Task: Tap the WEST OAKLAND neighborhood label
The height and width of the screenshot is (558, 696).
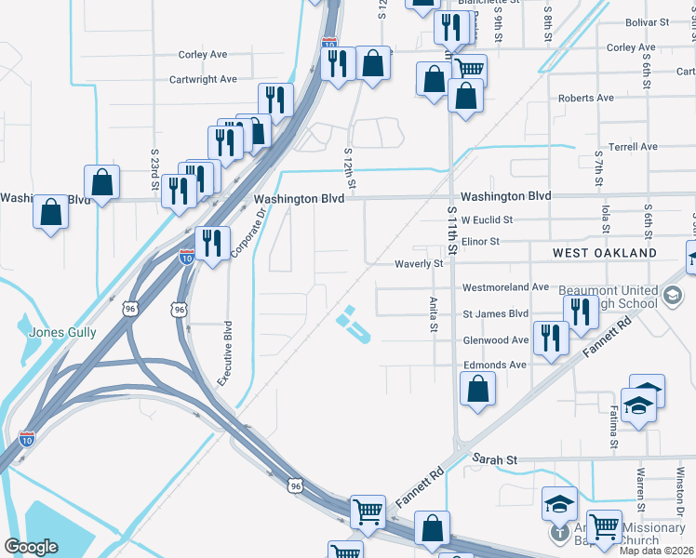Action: [x=605, y=253]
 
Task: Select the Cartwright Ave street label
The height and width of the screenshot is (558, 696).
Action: [x=203, y=79]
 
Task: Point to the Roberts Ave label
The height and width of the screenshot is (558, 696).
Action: [x=585, y=98]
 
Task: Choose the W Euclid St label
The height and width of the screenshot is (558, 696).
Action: [x=487, y=220]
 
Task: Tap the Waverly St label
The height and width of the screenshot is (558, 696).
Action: [x=417, y=264]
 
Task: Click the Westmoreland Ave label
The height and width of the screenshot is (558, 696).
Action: [x=506, y=287]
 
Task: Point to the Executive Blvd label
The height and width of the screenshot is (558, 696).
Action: [x=223, y=354]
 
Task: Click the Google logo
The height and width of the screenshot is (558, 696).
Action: [x=31, y=547]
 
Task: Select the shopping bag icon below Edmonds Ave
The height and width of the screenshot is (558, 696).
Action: [x=477, y=390]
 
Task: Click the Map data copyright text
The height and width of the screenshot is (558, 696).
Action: [x=655, y=551]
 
